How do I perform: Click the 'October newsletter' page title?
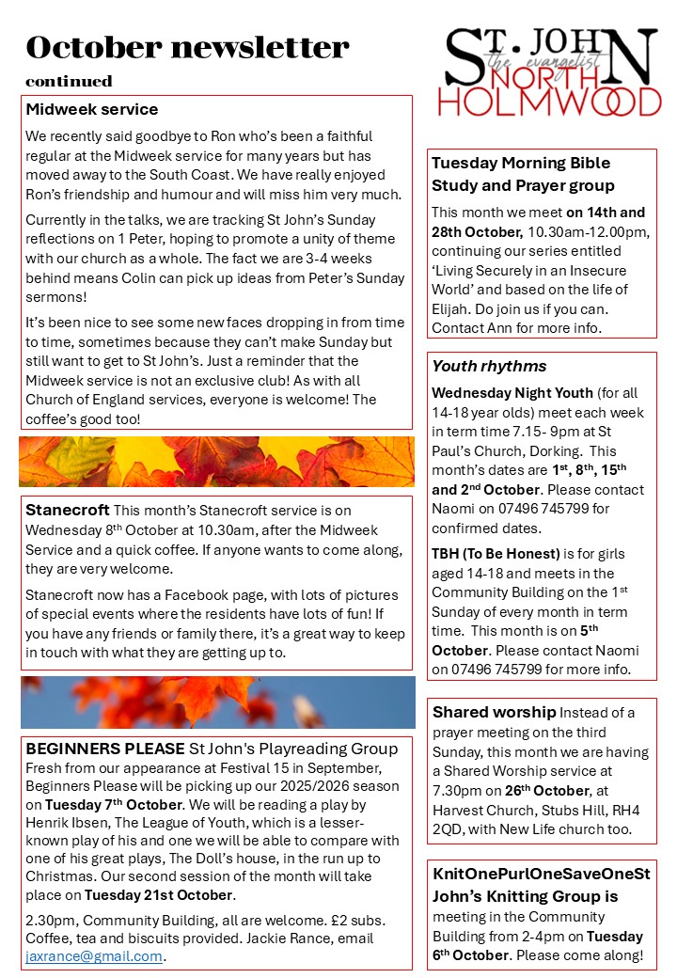pyautogui.click(x=187, y=47)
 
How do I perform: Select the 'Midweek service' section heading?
pyautogui.click(x=92, y=110)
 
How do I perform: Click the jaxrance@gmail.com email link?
pyautogui.click(x=94, y=956)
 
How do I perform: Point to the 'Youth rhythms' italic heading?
pyautogui.click(x=489, y=366)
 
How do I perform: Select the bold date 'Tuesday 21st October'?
pyautogui.click(x=158, y=894)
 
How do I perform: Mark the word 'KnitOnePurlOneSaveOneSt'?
pyautogui.click(x=541, y=875)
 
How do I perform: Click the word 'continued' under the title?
pyautogui.click(x=69, y=81)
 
